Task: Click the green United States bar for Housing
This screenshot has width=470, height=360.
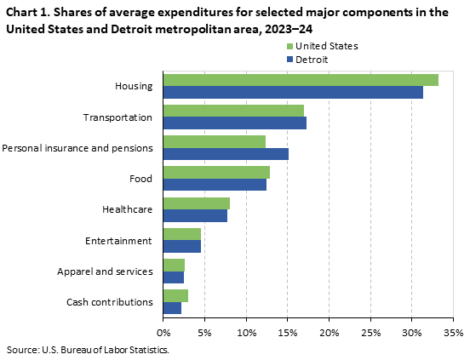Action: coord(301,80)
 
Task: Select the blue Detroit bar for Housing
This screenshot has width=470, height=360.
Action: coord(293,92)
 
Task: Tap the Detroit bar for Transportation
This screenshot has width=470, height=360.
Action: coord(234,123)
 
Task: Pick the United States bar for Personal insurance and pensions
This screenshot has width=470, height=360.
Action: coord(214,141)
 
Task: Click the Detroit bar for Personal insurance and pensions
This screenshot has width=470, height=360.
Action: coord(226,153)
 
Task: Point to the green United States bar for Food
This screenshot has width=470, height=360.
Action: coord(216,172)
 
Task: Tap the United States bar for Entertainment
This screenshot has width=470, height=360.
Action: coord(181,234)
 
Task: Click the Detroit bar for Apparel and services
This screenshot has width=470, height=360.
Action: coord(173,277)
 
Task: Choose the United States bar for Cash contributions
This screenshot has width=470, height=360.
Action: coord(175,295)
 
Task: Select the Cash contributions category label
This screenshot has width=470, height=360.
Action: coord(109,301)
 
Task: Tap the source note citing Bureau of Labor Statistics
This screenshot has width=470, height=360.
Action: coord(89,349)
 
